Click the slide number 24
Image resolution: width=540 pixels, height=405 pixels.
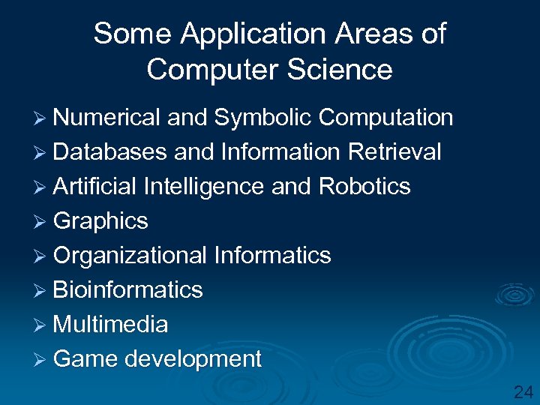pos(523,391)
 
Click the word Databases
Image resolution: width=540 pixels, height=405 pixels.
pos(110,152)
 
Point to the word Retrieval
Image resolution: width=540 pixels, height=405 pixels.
pos(394,152)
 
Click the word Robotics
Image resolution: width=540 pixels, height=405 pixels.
pos(364,187)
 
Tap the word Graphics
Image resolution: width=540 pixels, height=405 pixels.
pos(100,221)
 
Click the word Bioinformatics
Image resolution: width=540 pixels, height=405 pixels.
pos(128,290)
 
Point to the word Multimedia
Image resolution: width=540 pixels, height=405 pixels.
pos(111,325)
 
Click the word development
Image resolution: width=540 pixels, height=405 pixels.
pos(193,359)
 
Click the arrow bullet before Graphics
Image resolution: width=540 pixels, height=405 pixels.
pos(42,222)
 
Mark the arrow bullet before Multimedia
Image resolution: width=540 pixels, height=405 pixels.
pos(42,325)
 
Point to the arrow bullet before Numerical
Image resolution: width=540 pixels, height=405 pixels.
pos(42,118)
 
